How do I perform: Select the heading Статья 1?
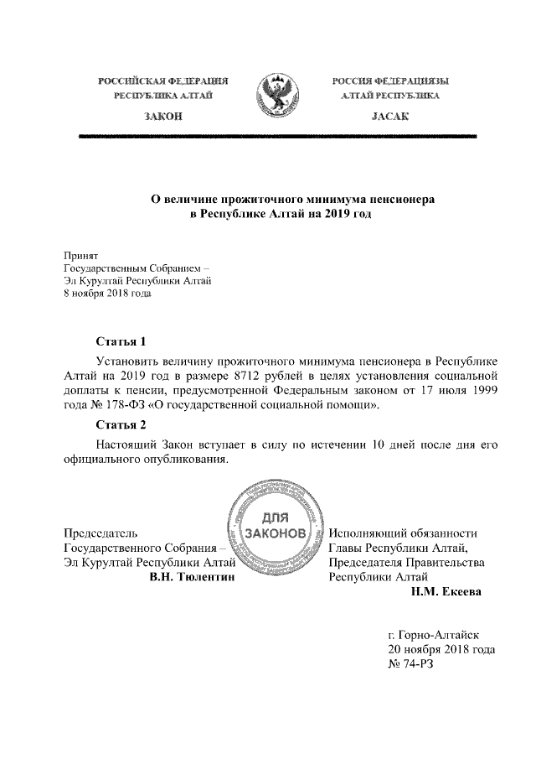coord(121,341)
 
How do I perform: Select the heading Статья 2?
coord(121,424)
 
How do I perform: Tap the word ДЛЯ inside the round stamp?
coord(276,517)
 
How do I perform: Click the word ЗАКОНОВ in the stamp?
coord(276,534)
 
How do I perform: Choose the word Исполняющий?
coord(370,533)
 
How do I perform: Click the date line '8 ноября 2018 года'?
coord(110,294)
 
